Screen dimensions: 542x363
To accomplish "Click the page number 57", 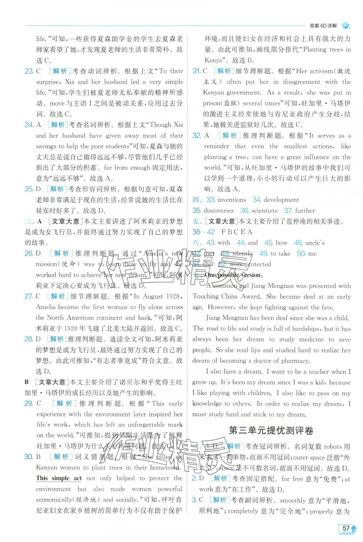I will point(346,528).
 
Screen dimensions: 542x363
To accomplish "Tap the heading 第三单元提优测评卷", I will point(271,430).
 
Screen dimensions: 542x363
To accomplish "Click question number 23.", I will point(29,71).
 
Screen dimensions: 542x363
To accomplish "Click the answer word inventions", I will point(231,200).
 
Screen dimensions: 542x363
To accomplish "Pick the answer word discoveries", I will point(218,211).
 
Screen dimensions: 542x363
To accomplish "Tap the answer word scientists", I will point(264,211).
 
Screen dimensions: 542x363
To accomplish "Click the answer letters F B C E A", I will point(237,232).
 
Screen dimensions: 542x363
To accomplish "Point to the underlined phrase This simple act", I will point(59,478).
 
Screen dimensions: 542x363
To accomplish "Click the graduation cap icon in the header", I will point(346,26).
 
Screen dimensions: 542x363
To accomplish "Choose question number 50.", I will point(301,254).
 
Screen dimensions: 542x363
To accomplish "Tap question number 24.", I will point(29,125).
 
